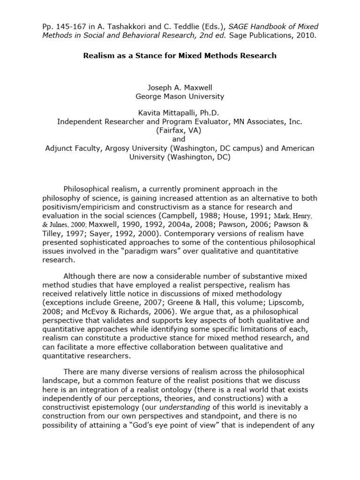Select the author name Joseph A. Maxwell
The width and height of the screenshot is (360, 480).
(x=180, y=87)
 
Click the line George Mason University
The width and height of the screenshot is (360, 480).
(x=180, y=97)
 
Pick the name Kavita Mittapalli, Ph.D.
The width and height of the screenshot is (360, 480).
(x=180, y=112)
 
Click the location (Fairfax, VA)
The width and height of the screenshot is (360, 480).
(x=180, y=130)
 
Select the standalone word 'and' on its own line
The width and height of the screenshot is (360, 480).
(x=180, y=139)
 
